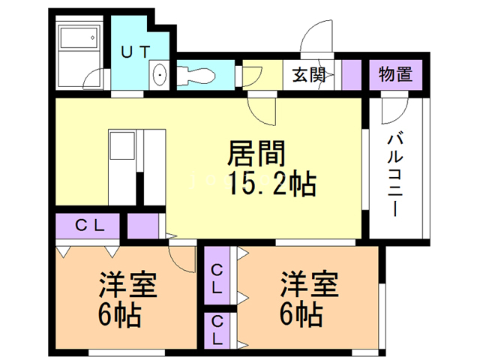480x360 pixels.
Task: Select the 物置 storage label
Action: [395, 74]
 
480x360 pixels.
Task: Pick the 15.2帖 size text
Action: [271, 183]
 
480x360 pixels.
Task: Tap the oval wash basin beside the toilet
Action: [160, 76]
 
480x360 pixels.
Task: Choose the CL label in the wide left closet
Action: [87, 225]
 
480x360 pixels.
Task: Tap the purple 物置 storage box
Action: [395, 74]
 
